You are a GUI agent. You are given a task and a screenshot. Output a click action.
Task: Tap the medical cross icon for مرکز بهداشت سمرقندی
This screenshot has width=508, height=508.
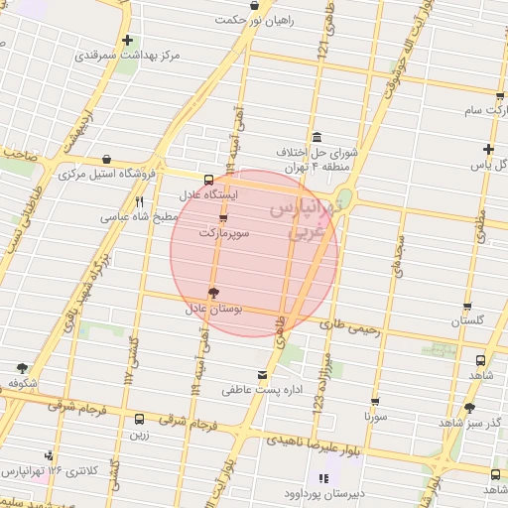(x=127, y=41)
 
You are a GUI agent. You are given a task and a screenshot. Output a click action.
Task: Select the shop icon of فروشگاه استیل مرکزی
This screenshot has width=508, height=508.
(x=106, y=159)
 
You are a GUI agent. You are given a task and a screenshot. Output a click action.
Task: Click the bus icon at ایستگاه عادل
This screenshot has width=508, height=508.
(x=208, y=180)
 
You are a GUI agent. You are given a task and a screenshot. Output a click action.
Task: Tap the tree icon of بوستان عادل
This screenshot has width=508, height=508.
(x=211, y=293)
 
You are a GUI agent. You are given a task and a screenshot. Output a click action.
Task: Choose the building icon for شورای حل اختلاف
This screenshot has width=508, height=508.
(x=316, y=137)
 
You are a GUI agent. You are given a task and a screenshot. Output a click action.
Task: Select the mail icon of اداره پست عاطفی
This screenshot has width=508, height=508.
(x=262, y=375)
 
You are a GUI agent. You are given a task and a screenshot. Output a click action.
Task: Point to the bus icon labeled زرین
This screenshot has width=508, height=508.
(x=139, y=419)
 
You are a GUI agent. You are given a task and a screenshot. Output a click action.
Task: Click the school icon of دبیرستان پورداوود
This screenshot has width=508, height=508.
(x=322, y=478)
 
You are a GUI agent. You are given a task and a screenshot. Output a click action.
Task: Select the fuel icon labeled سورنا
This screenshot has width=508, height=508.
(x=375, y=402)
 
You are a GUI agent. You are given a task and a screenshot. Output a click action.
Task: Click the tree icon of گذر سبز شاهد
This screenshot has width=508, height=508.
(x=469, y=407)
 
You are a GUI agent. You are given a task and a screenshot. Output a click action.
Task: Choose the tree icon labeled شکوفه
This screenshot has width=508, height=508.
(x=22, y=368)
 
